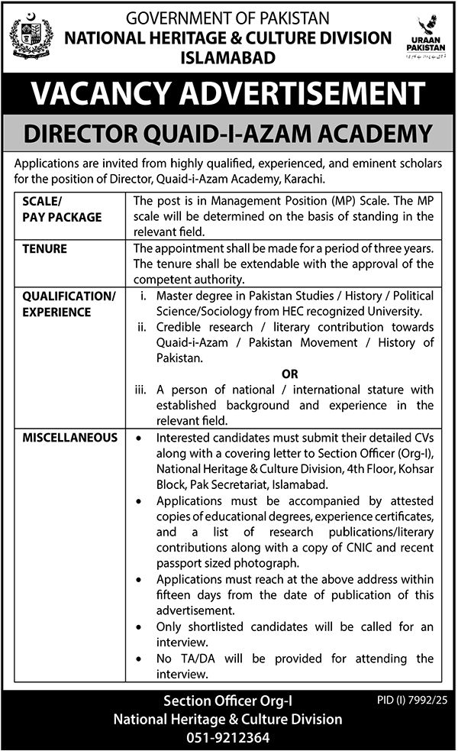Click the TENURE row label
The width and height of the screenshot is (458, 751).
[44, 249]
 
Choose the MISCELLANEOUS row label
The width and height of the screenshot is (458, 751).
[70, 438]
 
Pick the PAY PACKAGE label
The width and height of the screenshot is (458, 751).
[61, 218]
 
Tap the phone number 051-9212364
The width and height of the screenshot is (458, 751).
[227, 737]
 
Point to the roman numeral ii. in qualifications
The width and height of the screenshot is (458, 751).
[143, 327]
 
